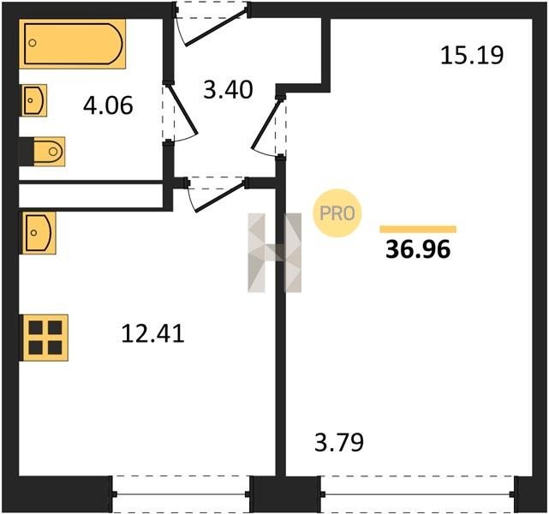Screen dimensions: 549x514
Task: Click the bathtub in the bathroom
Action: click(73, 44)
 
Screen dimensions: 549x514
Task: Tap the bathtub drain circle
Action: click(33, 43)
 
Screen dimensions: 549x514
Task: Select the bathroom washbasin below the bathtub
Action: click(34, 100)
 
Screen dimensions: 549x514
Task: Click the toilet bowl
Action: click(49, 152)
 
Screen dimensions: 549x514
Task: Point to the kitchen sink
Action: click(39, 233)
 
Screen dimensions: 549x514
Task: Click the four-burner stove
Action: click(45, 338)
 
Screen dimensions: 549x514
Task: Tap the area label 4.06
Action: click(108, 105)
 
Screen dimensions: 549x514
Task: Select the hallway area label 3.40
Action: click(228, 90)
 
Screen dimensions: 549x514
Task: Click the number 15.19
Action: click(472, 56)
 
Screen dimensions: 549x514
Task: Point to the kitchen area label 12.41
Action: click(152, 333)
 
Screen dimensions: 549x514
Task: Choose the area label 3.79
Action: click(339, 442)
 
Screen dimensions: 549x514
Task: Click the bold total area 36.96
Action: click(418, 249)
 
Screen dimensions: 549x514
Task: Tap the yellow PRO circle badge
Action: click(337, 213)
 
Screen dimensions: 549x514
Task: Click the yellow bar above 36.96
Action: click(418, 230)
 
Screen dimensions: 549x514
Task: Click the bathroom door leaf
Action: click(182, 110)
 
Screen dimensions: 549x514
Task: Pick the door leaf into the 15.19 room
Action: click(266, 123)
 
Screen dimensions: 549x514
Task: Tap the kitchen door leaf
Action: click(220, 197)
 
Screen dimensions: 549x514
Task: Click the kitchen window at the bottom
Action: click(181, 494)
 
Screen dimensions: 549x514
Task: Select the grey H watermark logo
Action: click(274, 253)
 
